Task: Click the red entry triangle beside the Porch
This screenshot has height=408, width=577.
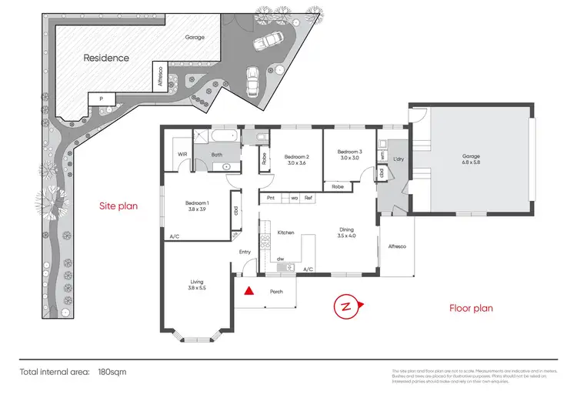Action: click(248, 292)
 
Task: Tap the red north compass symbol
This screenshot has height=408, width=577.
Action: click(346, 306)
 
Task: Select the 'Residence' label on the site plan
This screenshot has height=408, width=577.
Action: click(106, 58)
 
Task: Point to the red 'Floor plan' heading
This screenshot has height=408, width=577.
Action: click(471, 308)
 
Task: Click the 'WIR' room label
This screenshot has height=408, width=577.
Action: click(182, 154)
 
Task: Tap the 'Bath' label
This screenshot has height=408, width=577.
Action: click(217, 154)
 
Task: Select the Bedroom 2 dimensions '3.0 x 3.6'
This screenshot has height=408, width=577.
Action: click(295, 163)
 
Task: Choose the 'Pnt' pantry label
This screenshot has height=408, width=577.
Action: click(271, 198)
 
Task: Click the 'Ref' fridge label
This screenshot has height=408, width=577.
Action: click(308, 198)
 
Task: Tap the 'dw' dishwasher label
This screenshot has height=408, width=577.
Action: click(282, 259)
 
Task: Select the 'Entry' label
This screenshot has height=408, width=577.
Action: click(245, 252)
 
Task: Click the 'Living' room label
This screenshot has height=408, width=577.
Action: click(197, 283)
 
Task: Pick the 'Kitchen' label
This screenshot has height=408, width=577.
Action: click(285, 232)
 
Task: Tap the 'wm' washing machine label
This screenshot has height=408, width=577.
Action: click(382, 155)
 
